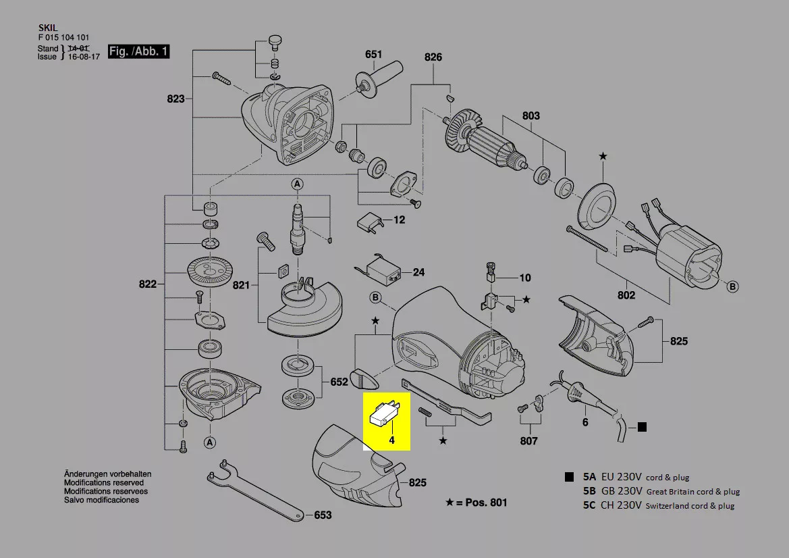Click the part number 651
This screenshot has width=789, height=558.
pos(373,54)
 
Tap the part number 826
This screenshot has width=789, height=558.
pos(433,57)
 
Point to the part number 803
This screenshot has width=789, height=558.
pos(530,116)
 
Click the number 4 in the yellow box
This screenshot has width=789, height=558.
pos(390,440)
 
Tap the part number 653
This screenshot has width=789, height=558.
pos(323,515)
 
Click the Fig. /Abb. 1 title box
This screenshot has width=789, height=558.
pos(138,51)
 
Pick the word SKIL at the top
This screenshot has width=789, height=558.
pos(47,28)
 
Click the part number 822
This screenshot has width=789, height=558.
pos(147,284)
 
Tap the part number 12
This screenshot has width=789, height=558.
pos(399,220)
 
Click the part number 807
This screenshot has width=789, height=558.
pos(528,441)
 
